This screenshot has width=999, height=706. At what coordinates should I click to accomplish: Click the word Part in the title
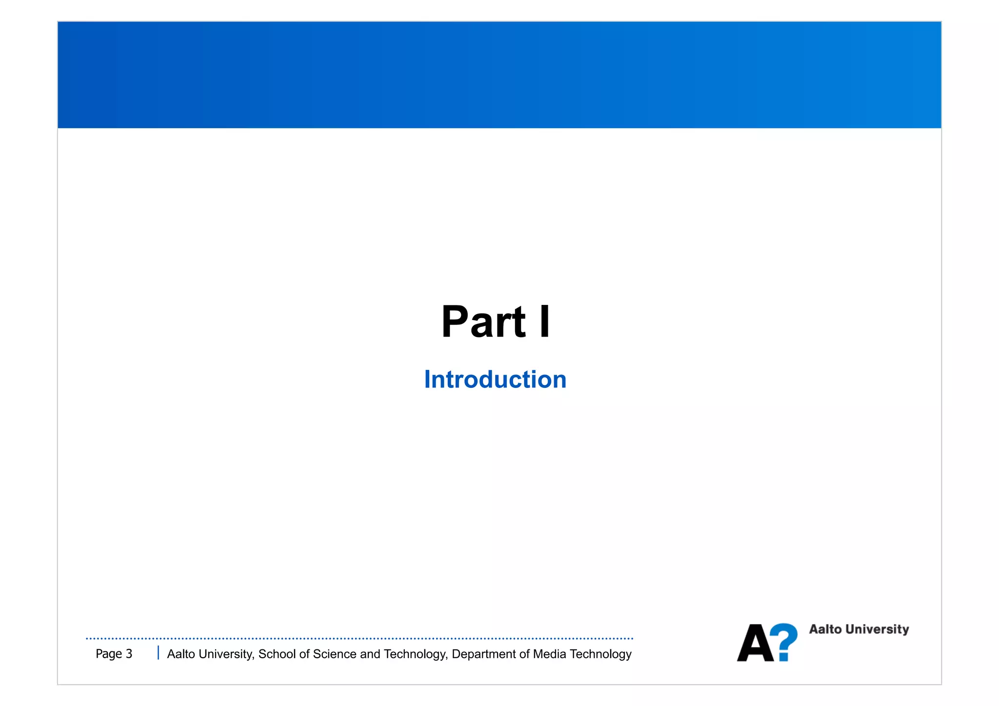pyautogui.click(x=483, y=322)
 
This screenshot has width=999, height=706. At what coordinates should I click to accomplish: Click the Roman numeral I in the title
pyautogui.click(x=544, y=322)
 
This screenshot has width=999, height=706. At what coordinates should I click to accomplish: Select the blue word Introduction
pyautogui.click(x=495, y=380)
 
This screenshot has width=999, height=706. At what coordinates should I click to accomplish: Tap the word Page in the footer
pyautogui.click(x=109, y=654)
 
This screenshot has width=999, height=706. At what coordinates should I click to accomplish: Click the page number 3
pyautogui.click(x=129, y=654)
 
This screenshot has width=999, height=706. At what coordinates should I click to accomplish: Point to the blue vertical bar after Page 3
pyautogui.click(x=158, y=653)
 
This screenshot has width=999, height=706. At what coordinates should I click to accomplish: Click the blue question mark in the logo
pyautogui.click(x=784, y=642)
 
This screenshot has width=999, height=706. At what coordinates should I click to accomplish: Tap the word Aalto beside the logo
pyautogui.click(x=825, y=629)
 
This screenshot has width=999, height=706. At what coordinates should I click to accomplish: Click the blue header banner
pyautogui.click(x=499, y=75)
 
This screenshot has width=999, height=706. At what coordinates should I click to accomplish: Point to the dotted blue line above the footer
pyautogui.click(x=360, y=638)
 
